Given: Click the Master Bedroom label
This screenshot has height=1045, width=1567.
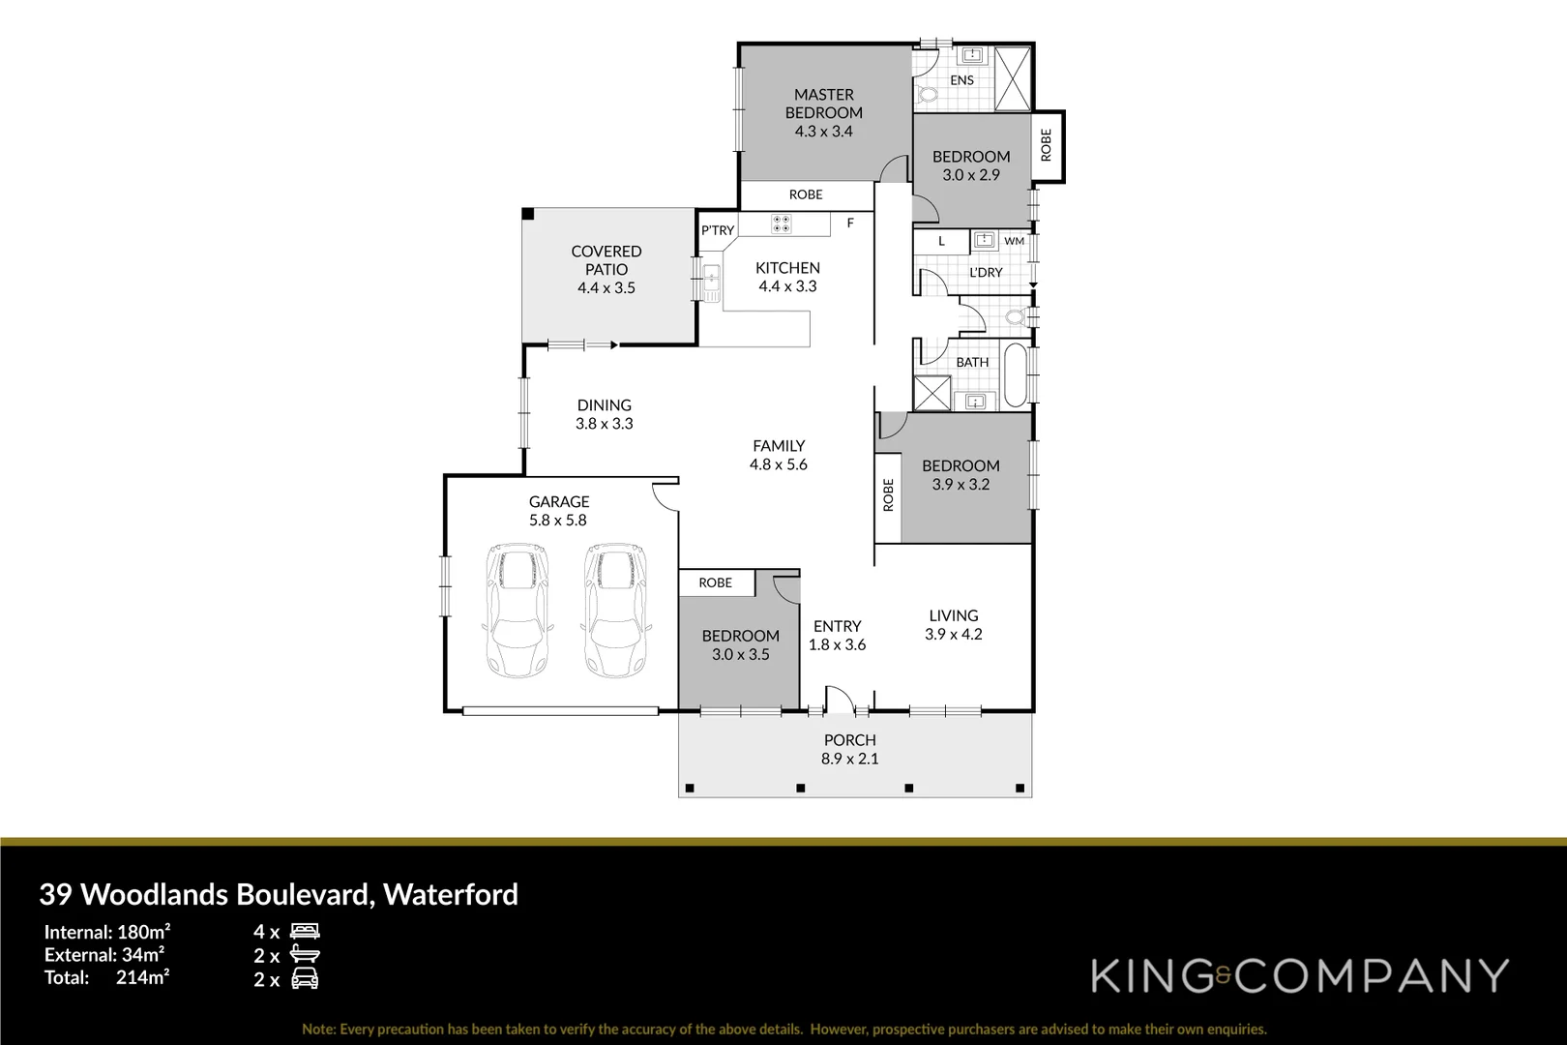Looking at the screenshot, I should point(823,104).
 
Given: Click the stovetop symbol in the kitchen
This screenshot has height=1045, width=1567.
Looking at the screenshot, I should point(781,224).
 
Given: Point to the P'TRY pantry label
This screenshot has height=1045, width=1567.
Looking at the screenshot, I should point(718,230).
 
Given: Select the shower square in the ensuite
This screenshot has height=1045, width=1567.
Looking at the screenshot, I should point(1013,77).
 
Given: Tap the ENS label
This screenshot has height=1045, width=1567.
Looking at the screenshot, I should point(961,80).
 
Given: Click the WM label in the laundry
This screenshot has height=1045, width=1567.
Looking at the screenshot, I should point(1014,241).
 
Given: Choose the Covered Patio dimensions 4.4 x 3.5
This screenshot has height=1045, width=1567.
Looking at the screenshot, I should point(606,287).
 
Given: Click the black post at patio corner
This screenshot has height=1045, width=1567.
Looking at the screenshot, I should point(527,214).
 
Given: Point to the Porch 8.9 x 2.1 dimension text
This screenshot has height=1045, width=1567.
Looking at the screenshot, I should point(850,759).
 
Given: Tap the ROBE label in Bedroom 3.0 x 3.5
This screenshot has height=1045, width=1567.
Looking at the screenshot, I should point(715,582).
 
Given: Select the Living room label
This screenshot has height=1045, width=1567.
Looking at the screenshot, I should point(953,615).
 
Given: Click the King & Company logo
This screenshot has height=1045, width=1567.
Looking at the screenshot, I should point(1300,975).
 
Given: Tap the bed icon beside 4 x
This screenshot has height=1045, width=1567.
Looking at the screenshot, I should point(305,932).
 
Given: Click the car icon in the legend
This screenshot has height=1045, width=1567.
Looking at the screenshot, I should point(305,979).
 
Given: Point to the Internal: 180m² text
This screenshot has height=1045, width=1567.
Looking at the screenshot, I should point(107,932).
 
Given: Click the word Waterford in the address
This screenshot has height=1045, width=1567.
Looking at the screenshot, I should point(451,894).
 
